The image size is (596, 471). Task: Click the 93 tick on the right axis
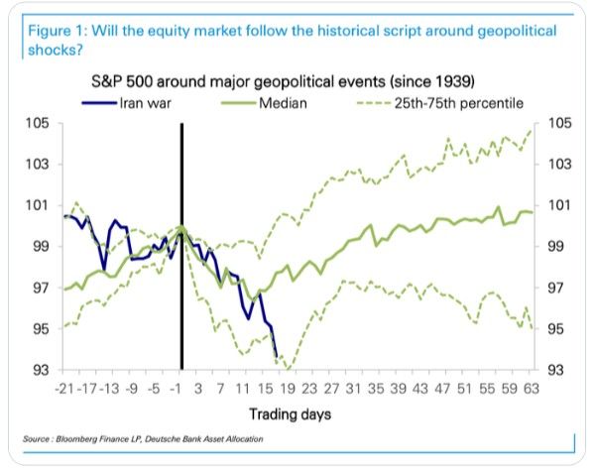[548, 370]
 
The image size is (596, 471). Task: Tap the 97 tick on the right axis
[548, 288]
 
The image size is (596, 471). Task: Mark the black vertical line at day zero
[181, 248]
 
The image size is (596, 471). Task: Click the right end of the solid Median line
[533, 213]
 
